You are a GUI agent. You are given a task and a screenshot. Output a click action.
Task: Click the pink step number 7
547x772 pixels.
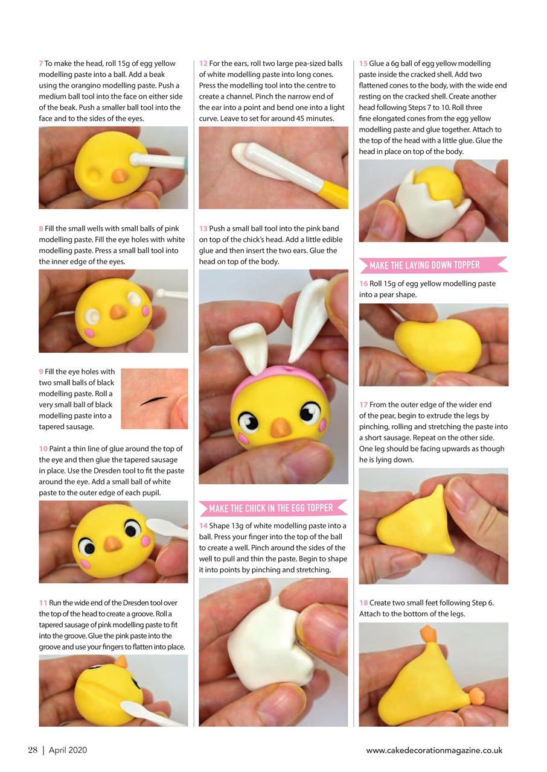(x=40, y=63)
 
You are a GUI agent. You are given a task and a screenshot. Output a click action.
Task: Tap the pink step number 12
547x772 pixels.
(x=203, y=63)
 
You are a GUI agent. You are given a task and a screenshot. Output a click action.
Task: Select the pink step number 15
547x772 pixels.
(x=363, y=63)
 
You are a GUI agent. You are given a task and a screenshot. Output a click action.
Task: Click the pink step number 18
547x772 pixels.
(x=363, y=603)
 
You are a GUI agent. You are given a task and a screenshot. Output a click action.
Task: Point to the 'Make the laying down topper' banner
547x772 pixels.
(x=432, y=265)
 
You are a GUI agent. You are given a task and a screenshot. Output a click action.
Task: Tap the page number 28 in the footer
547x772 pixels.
(x=33, y=750)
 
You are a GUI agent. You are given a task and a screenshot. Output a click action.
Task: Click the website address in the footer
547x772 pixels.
(x=433, y=750)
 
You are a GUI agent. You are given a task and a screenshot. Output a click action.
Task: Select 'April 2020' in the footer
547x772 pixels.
(x=68, y=750)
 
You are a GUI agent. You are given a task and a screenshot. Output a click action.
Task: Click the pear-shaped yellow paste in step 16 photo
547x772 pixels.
(x=430, y=346)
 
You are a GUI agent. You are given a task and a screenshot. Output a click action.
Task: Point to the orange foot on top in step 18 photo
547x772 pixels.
(x=427, y=633)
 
